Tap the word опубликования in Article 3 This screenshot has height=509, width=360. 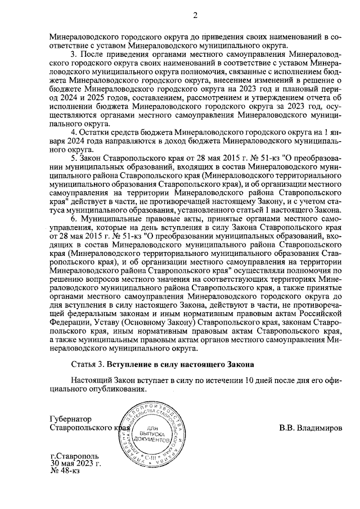tap(121, 389)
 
